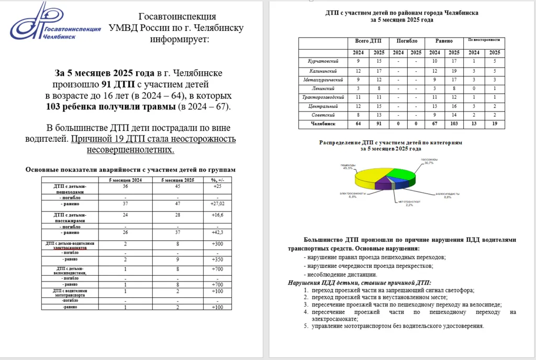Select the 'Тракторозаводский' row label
(323, 97)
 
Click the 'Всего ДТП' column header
(368, 40)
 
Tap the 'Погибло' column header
(407, 40)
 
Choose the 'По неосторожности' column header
(484, 40)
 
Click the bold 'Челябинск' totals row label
(323, 125)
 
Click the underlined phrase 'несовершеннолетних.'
(130, 150)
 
